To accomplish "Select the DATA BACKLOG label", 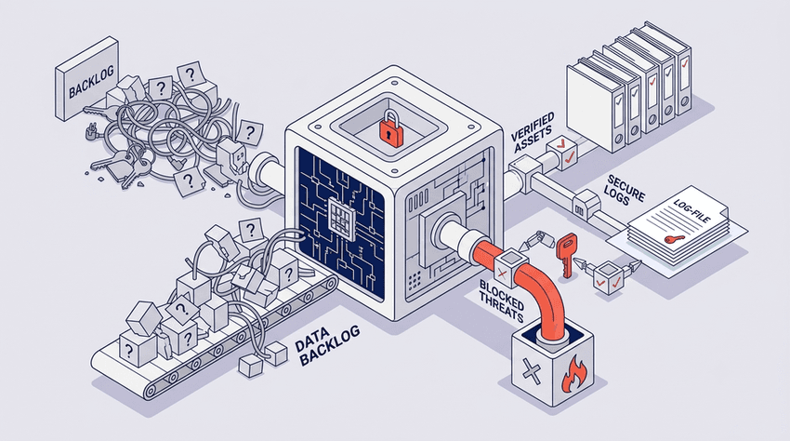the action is (326, 345).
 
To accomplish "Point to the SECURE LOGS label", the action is (625, 190).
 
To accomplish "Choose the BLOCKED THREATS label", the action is (502, 301).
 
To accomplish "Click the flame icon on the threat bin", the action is (574, 374).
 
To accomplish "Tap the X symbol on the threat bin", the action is (530, 372).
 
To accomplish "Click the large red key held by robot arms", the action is (566, 255).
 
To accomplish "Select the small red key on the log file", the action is (673, 239).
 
